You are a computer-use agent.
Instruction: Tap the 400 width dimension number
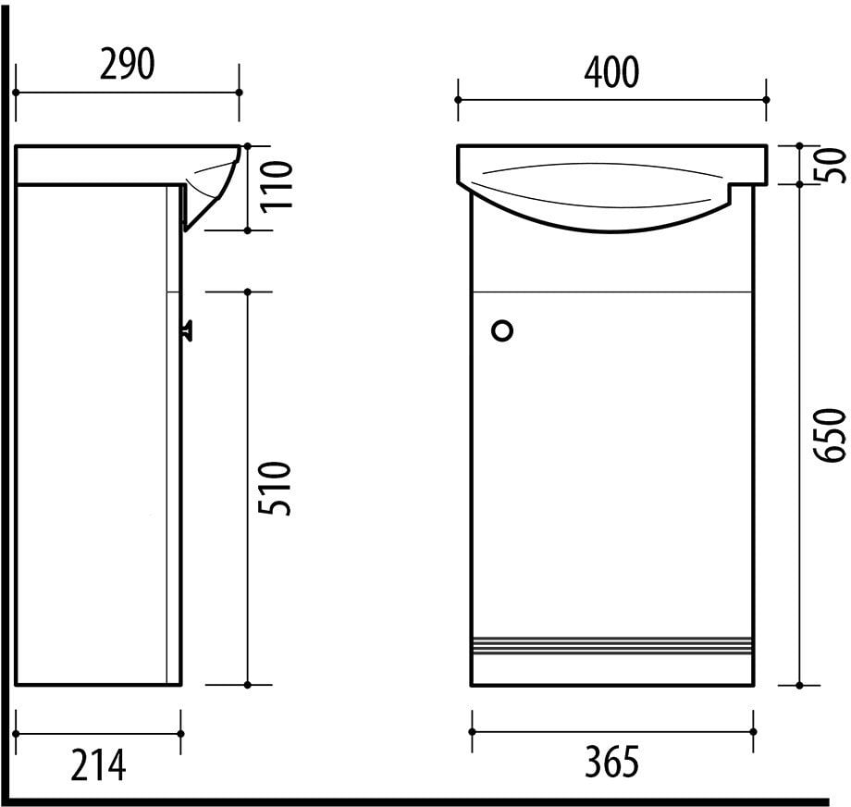click(x=610, y=72)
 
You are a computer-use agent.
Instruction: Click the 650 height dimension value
click(x=832, y=434)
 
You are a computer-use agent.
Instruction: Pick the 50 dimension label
click(x=832, y=165)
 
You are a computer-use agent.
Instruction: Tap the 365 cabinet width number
click(x=611, y=763)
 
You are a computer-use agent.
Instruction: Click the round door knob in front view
click(x=503, y=330)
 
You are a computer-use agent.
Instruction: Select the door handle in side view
click(x=187, y=328)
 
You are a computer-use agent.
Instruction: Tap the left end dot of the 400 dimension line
click(x=459, y=100)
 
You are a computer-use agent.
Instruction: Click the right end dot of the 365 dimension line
click(x=754, y=731)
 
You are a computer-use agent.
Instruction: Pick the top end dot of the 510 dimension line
click(x=247, y=292)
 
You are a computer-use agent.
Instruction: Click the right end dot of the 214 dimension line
click(x=180, y=734)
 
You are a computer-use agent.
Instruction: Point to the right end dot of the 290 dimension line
click(x=239, y=93)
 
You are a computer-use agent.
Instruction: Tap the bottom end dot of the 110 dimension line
click(x=247, y=230)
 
